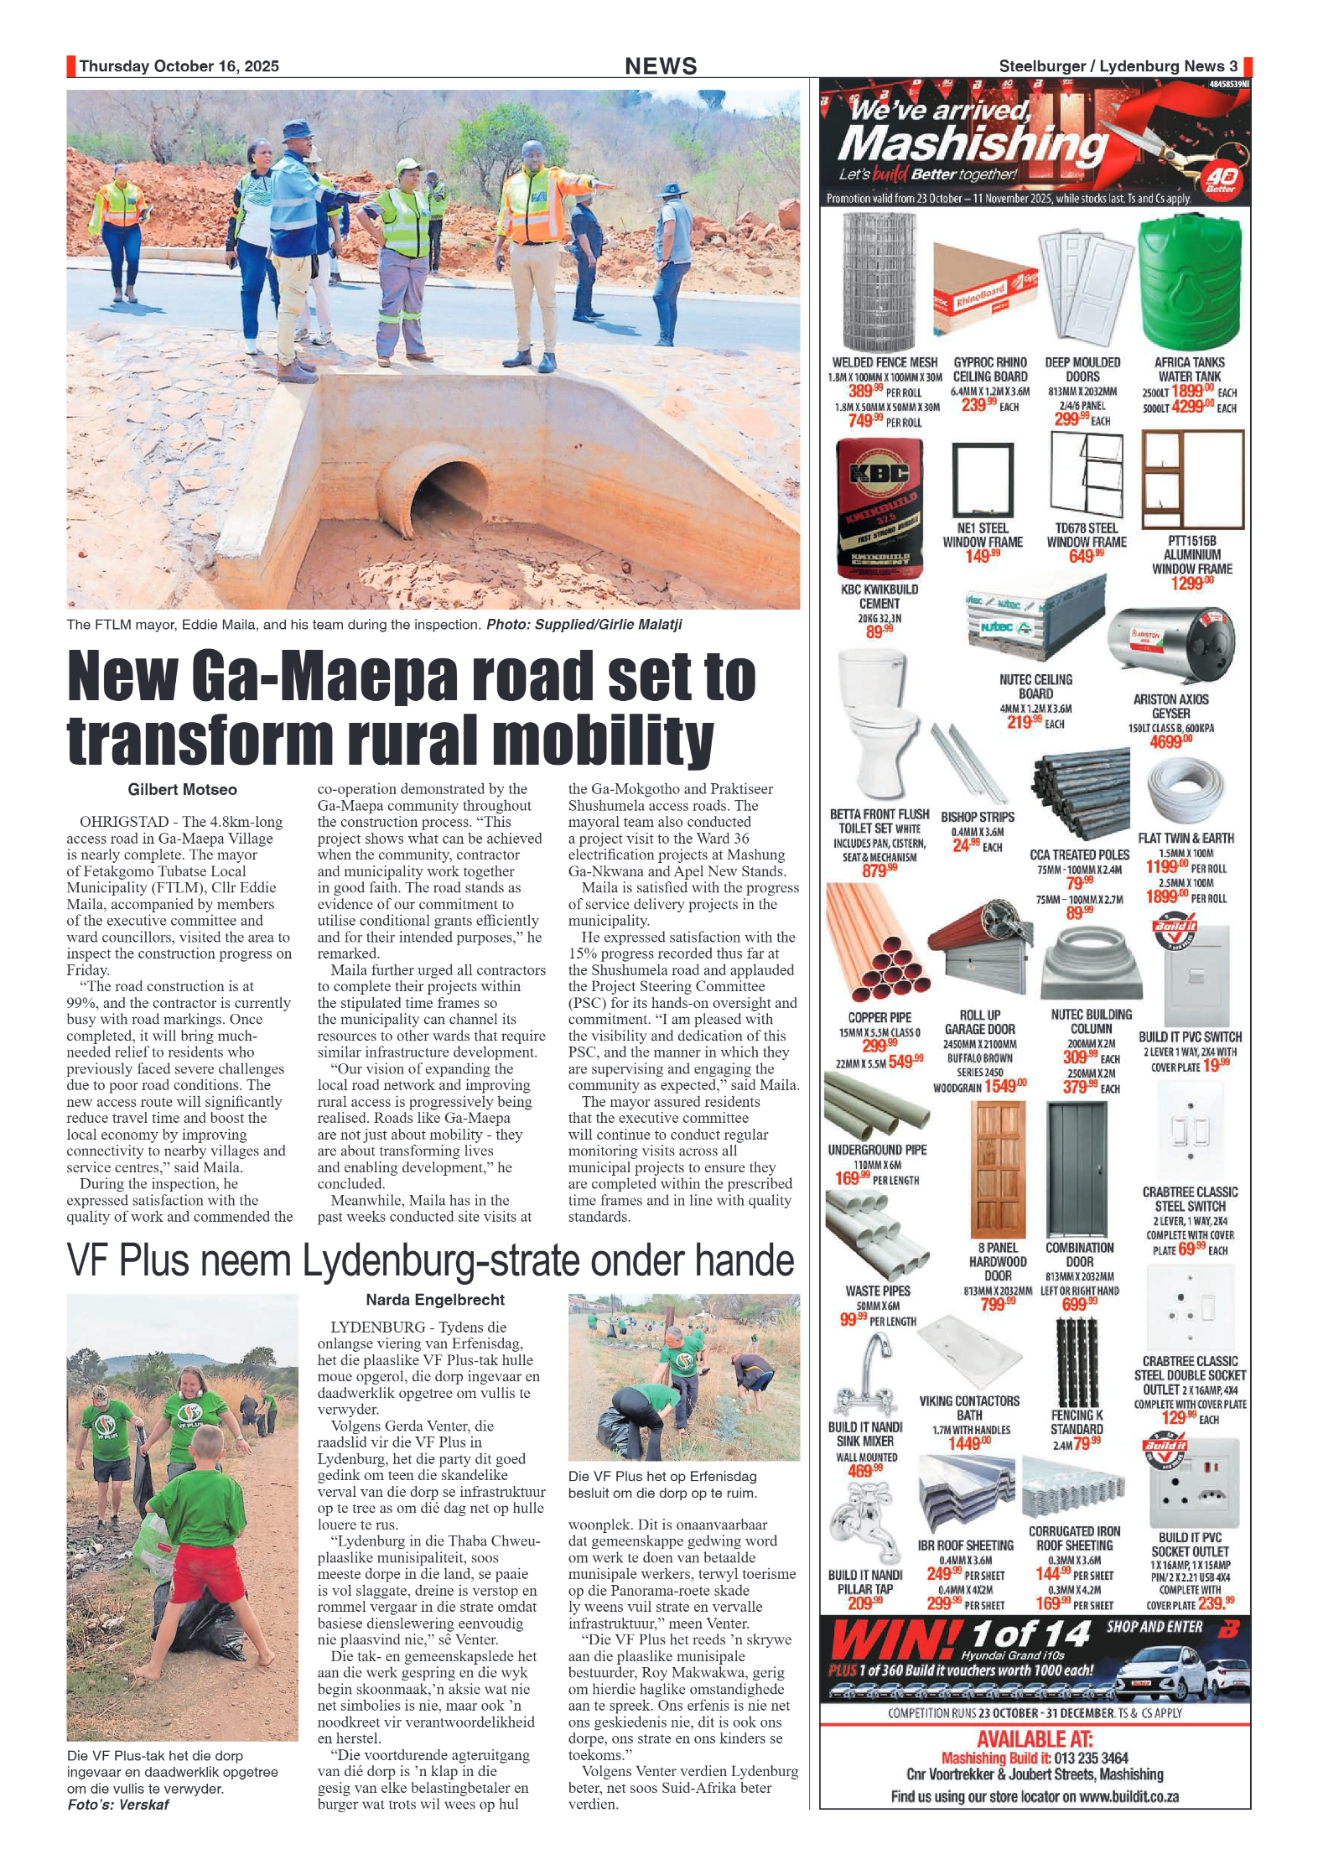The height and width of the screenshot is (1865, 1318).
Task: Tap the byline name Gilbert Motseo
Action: pyautogui.click(x=182, y=790)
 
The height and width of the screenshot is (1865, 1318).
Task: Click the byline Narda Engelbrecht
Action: pyautogui.click(x=434, y=1300)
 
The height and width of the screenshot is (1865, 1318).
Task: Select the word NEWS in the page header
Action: pyautogui.click(x=661, y=66)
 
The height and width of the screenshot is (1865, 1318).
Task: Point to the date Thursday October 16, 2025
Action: pyautogui.click(x=179, y=66)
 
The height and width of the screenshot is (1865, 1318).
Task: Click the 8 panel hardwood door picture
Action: pyautogui.click(x=997, y=1169)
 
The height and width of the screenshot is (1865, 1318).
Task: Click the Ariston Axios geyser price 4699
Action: pyautogui.click(x=1170, y=742)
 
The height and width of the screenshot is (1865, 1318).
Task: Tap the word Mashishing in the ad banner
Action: pyautogui.click(x=973, y=143)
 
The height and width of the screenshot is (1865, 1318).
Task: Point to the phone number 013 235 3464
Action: pyautogui.click(x=1091, y=1758)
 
